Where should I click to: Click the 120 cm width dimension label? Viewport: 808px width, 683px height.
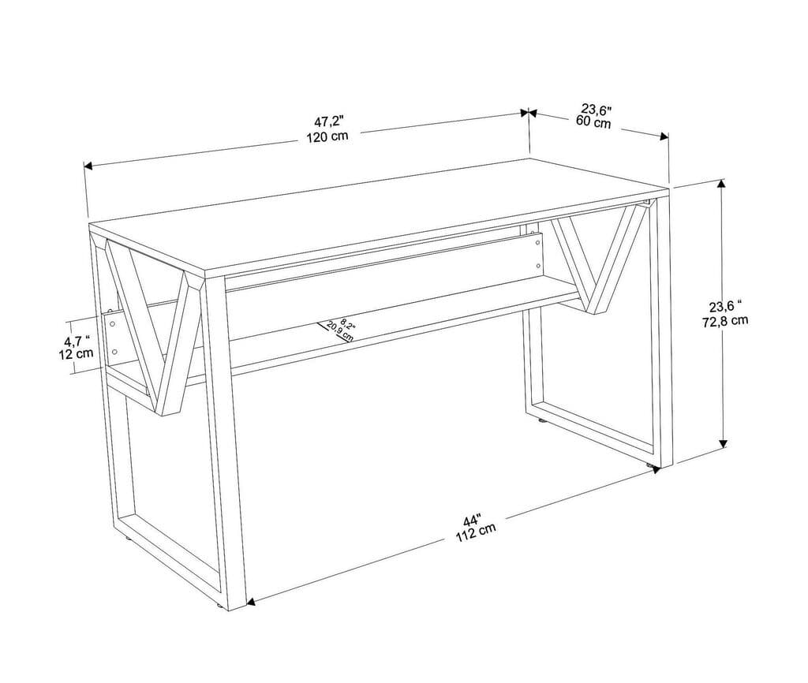[327, 135]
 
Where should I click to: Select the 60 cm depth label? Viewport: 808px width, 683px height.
[593, 122]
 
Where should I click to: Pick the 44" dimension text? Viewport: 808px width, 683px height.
[472, 521]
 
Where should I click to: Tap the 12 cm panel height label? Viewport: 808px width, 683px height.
[77, 354]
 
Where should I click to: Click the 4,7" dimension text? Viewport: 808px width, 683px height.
[77, 341]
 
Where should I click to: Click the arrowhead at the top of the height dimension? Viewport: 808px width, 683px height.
[720, 185]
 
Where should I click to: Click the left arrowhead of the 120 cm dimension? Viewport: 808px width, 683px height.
[88, 166]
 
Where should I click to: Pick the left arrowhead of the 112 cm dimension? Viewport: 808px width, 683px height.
[251, 602]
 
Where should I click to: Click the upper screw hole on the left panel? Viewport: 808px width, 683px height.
[114, 323]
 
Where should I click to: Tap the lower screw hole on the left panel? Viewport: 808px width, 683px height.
[115, 351]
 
